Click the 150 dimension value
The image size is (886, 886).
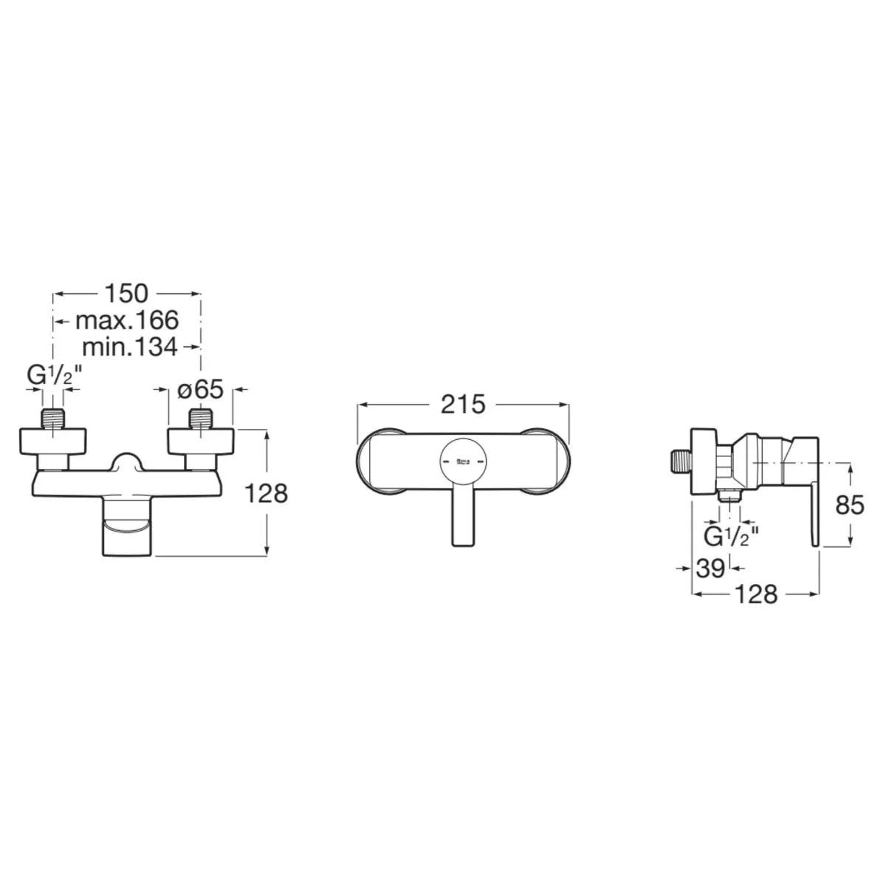pyautogui.click(x=126, y=293)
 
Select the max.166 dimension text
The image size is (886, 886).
pyautogui.click(x=127, y=320)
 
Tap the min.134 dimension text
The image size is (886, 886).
pyautogui.click(x=130, y=347)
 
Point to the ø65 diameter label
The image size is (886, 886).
pyautogui.click(x=201, y=390)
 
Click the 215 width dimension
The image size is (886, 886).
pyautogui.click(x=463, y=405)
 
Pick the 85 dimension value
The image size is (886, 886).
pyautogui.click(x=850, y=505)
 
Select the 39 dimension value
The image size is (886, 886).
pyautogui.click(x=710, y=569)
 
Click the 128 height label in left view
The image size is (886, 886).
pyautogui.click(x=266, y=494)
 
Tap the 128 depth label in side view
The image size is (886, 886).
pyautogui.click(x=756, y=594)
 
